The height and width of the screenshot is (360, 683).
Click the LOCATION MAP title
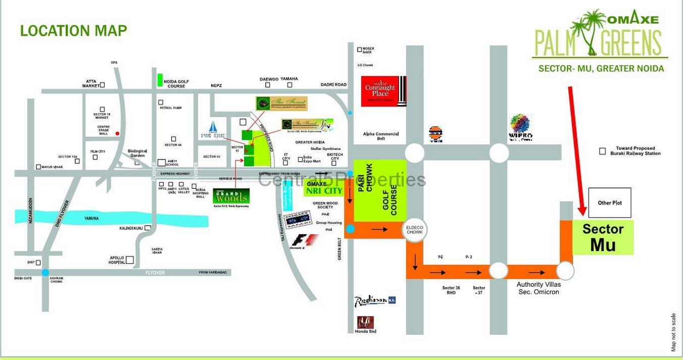tap(73, 31)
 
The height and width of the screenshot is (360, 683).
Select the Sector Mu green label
tap(603, 237)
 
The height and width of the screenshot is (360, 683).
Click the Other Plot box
tap(610, 203)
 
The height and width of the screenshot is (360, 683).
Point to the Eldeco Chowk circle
tap(415, 230)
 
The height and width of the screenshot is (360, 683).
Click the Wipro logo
tap(520, 127)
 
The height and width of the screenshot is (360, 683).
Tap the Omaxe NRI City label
tap(324, 188)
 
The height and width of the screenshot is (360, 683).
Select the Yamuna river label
tap(91, 219)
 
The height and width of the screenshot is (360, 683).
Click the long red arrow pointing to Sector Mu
tap(576, 149)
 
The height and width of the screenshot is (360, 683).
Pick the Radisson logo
tap(374, 301)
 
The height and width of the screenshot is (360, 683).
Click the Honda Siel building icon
tap(366, 322)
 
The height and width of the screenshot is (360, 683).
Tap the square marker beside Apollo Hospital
tap(130, 260)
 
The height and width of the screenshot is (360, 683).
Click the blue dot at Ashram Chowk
tap(45, 273)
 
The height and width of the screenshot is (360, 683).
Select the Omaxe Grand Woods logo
tap(231, 196)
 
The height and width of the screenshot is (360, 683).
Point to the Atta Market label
tap(91, 83)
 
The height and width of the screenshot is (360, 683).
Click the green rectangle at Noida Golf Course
tap(160, 80)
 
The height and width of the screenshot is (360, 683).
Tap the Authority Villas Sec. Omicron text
tap(539, 288)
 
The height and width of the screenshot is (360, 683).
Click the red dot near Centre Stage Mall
tap(117, 134)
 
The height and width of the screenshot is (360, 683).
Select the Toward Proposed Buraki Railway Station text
tap(635, 151)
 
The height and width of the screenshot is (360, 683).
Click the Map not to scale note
tap(673, 332)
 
